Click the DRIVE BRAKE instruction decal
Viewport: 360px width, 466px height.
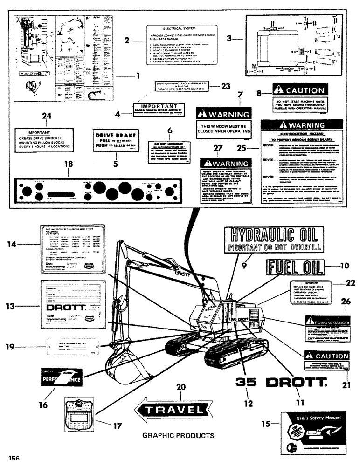(114, 139)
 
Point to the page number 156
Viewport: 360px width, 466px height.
(13, 458)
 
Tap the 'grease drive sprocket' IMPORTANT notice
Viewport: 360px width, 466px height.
(44, 139)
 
